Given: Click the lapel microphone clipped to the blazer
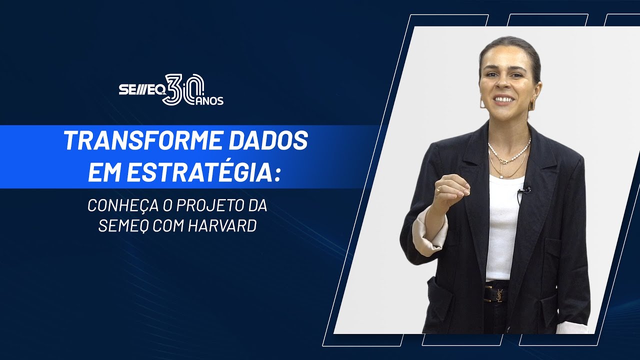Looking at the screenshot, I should (x=523, y=190).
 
